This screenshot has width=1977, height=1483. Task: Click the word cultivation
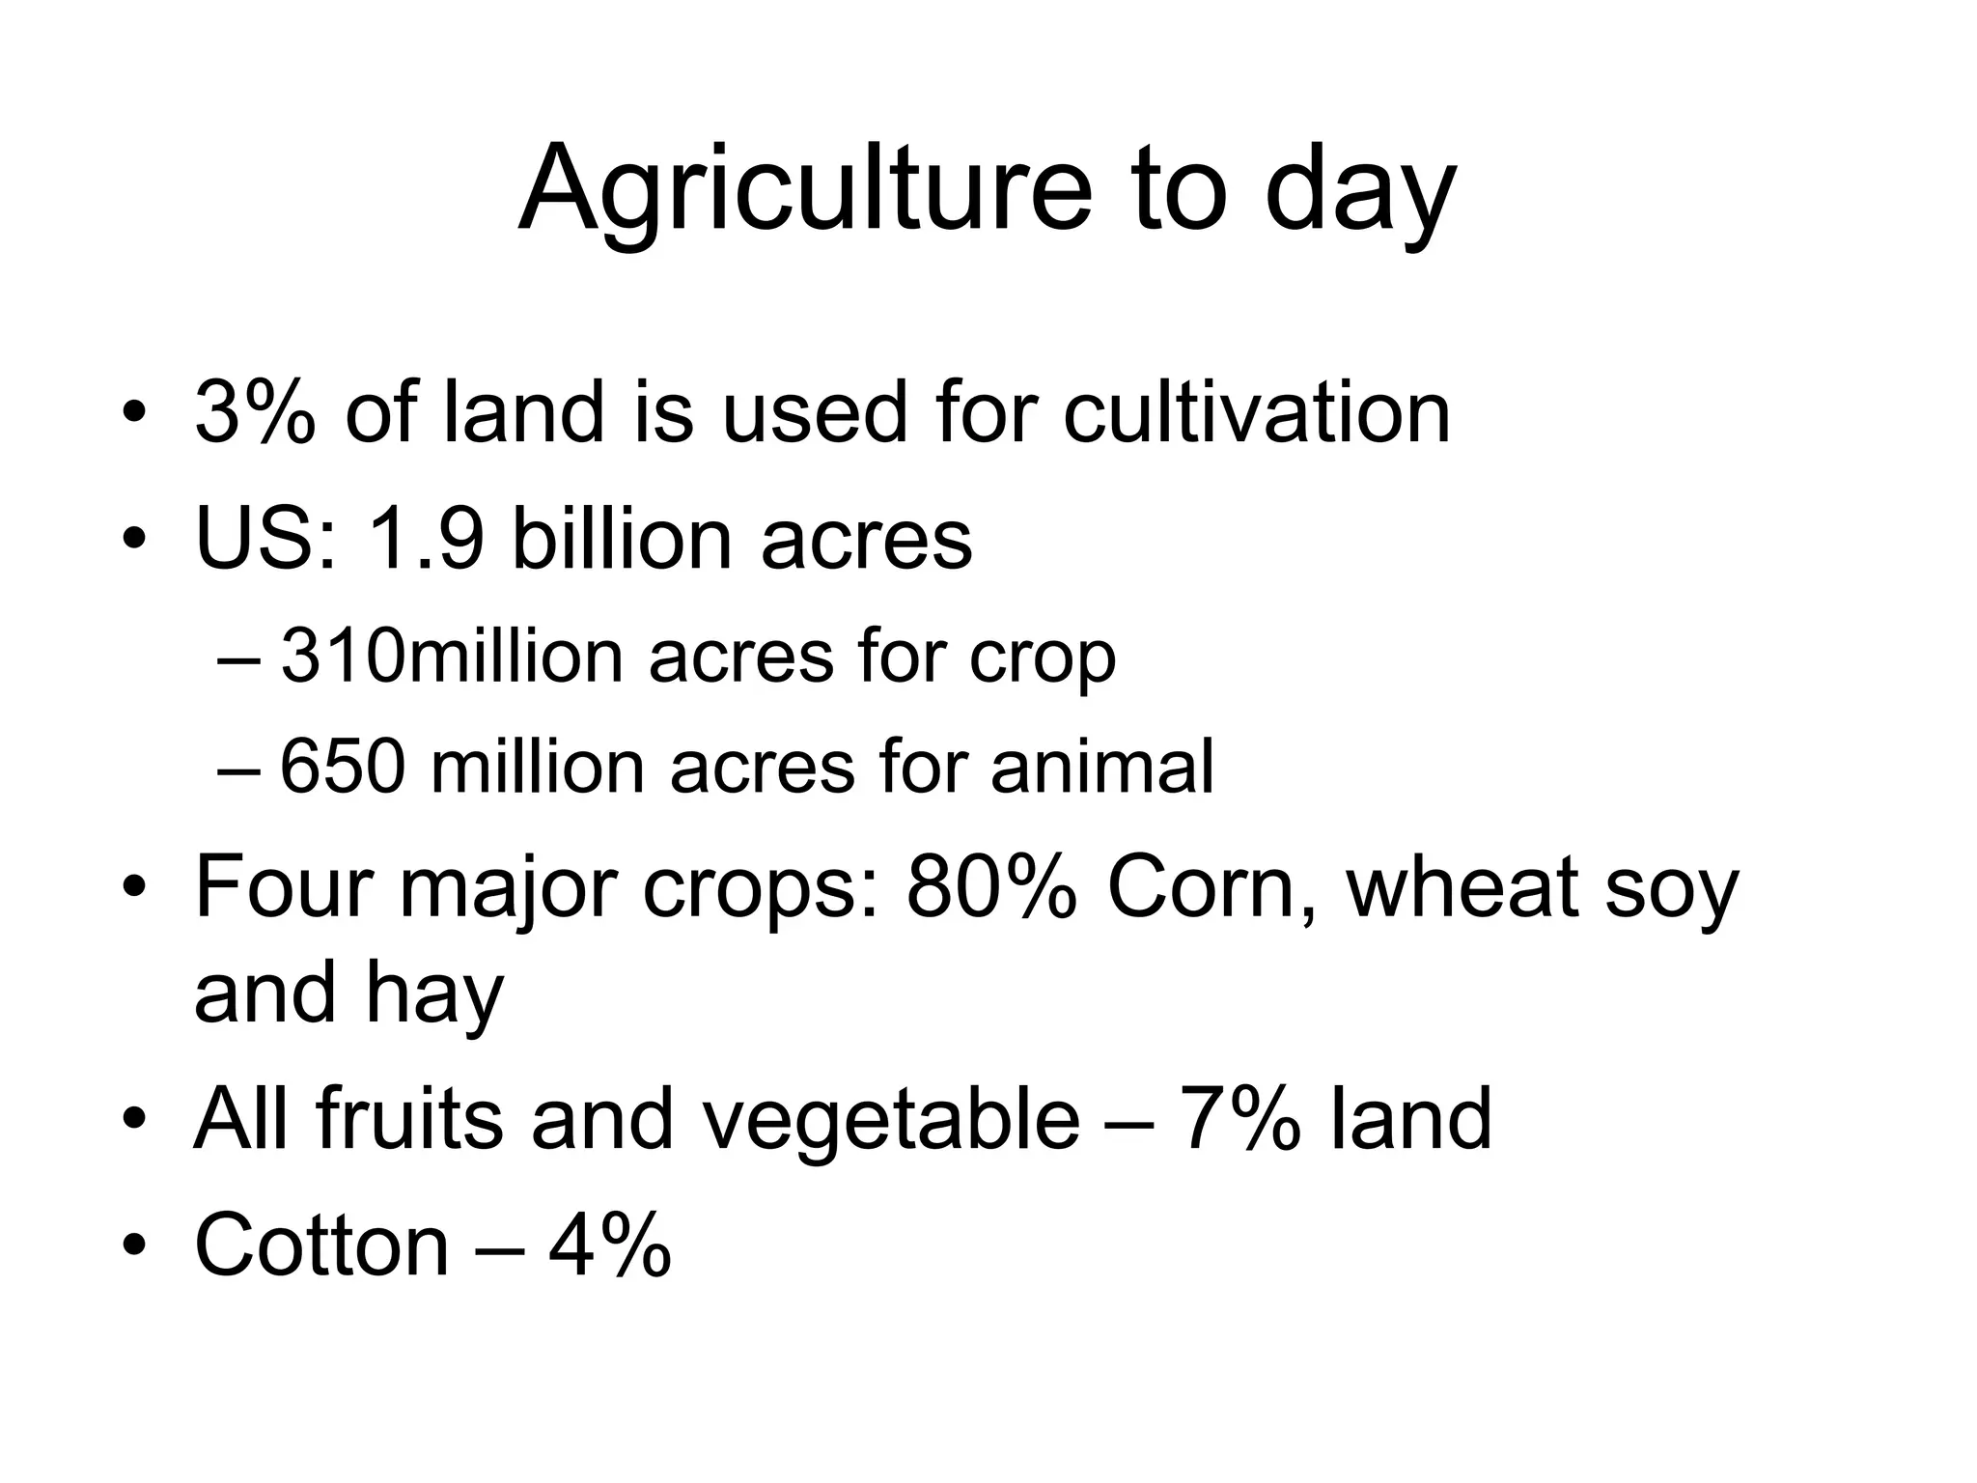[1257, 412]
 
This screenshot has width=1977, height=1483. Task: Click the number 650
[342, 768]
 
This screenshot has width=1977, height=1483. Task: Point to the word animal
[1101, 768]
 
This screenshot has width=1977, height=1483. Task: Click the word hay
[434, 994]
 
